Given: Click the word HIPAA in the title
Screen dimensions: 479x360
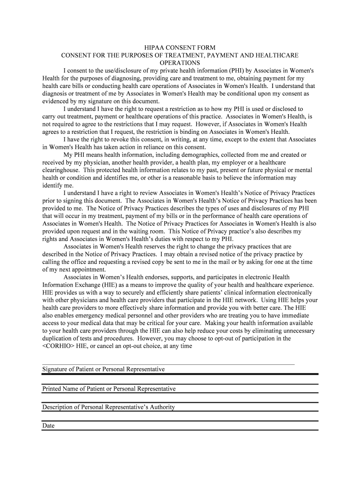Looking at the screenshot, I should tap(153, 48).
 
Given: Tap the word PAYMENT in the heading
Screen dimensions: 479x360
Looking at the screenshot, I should tap(218, 56).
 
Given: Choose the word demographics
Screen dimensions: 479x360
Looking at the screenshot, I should tap(178, 154).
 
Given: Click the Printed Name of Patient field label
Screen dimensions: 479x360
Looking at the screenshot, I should tap(109, 389).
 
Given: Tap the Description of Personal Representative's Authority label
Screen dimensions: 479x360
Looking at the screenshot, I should tap(108, 407).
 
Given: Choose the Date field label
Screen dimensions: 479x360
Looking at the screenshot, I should tap(49, 426).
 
